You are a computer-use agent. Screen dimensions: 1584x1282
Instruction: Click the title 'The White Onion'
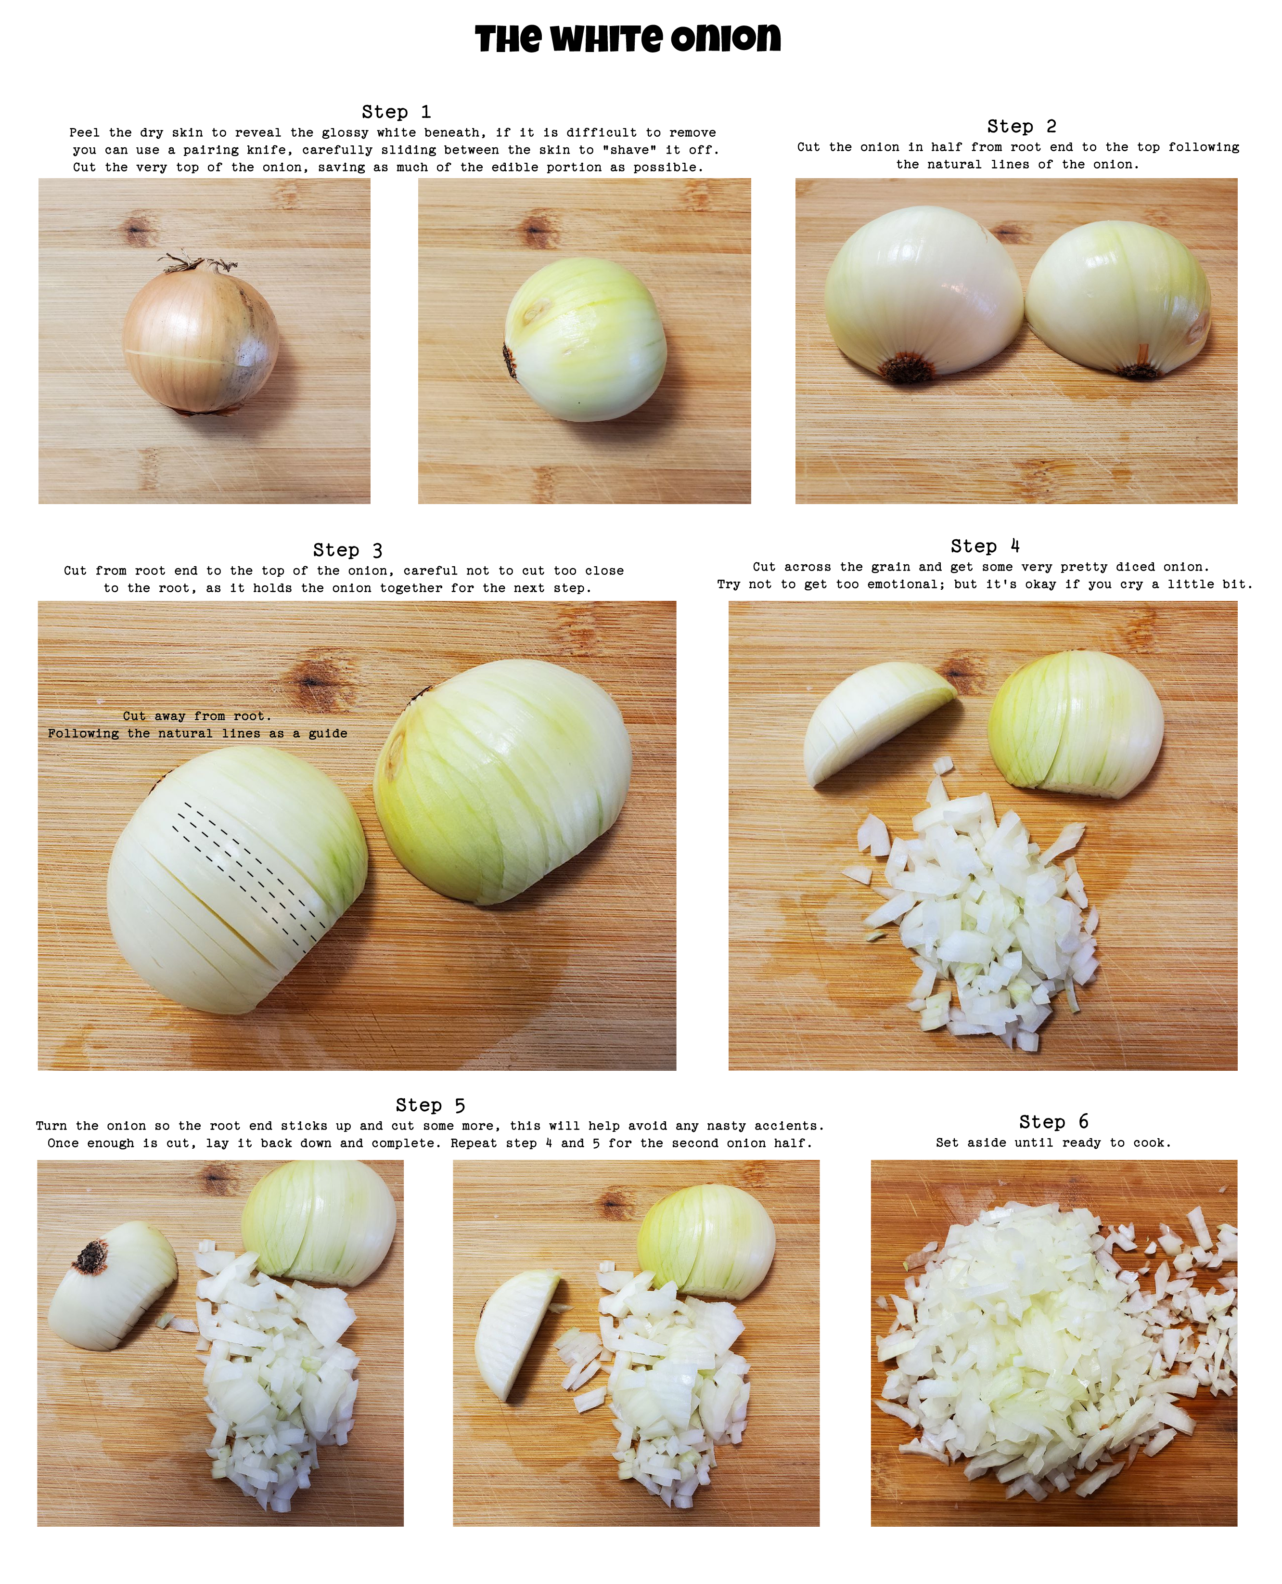pyautogui.click(x=628, y=39)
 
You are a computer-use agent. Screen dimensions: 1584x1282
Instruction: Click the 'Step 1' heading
pyautogui.click(x=396, y=112)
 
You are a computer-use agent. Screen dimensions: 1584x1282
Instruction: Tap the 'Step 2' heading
pyautogui.click(x=1021, y=126)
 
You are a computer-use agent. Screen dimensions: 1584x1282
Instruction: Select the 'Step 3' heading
pyautogui.click(x=347, y=550)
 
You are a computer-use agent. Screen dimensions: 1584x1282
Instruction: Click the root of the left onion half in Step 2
pyautogui.click(x=908, y=367)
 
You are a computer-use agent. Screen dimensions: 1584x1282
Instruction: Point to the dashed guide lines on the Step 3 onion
pyautogui.click(x=247, y=872)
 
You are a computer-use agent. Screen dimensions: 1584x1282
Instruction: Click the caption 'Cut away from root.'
pyautogui.click(x=197, y=716)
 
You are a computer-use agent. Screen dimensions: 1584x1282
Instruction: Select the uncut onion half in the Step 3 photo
pyautogui.click(x=502, y=783)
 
